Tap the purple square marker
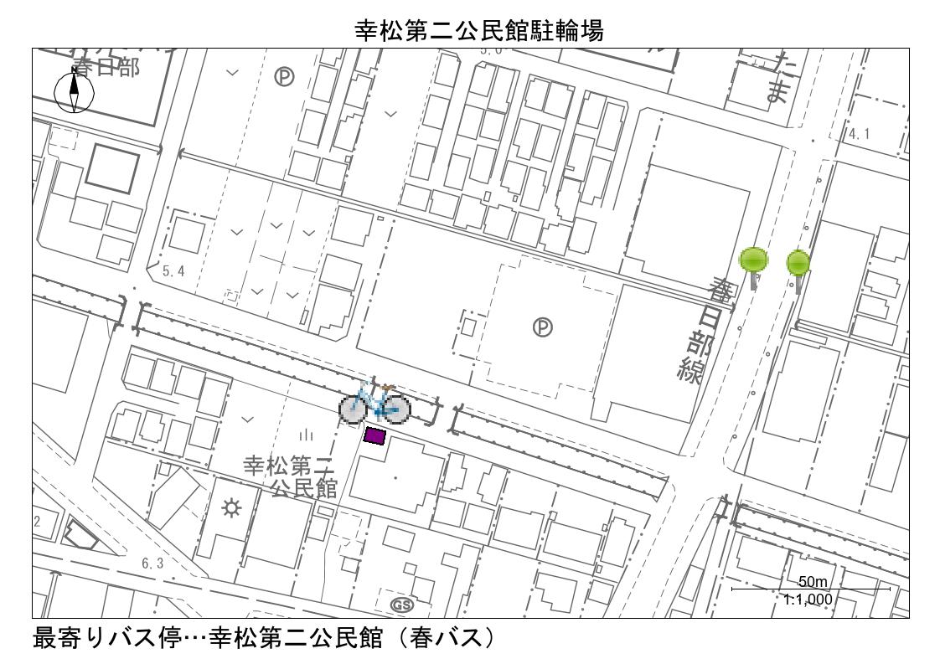point(374,435)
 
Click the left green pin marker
point(754,260)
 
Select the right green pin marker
point(798,264)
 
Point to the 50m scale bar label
point(812,582)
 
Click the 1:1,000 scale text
point(810,599)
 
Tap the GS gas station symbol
point(402,604)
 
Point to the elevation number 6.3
point(152,564)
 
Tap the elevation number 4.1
point(862,134)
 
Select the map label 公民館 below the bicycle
point(303,488)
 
